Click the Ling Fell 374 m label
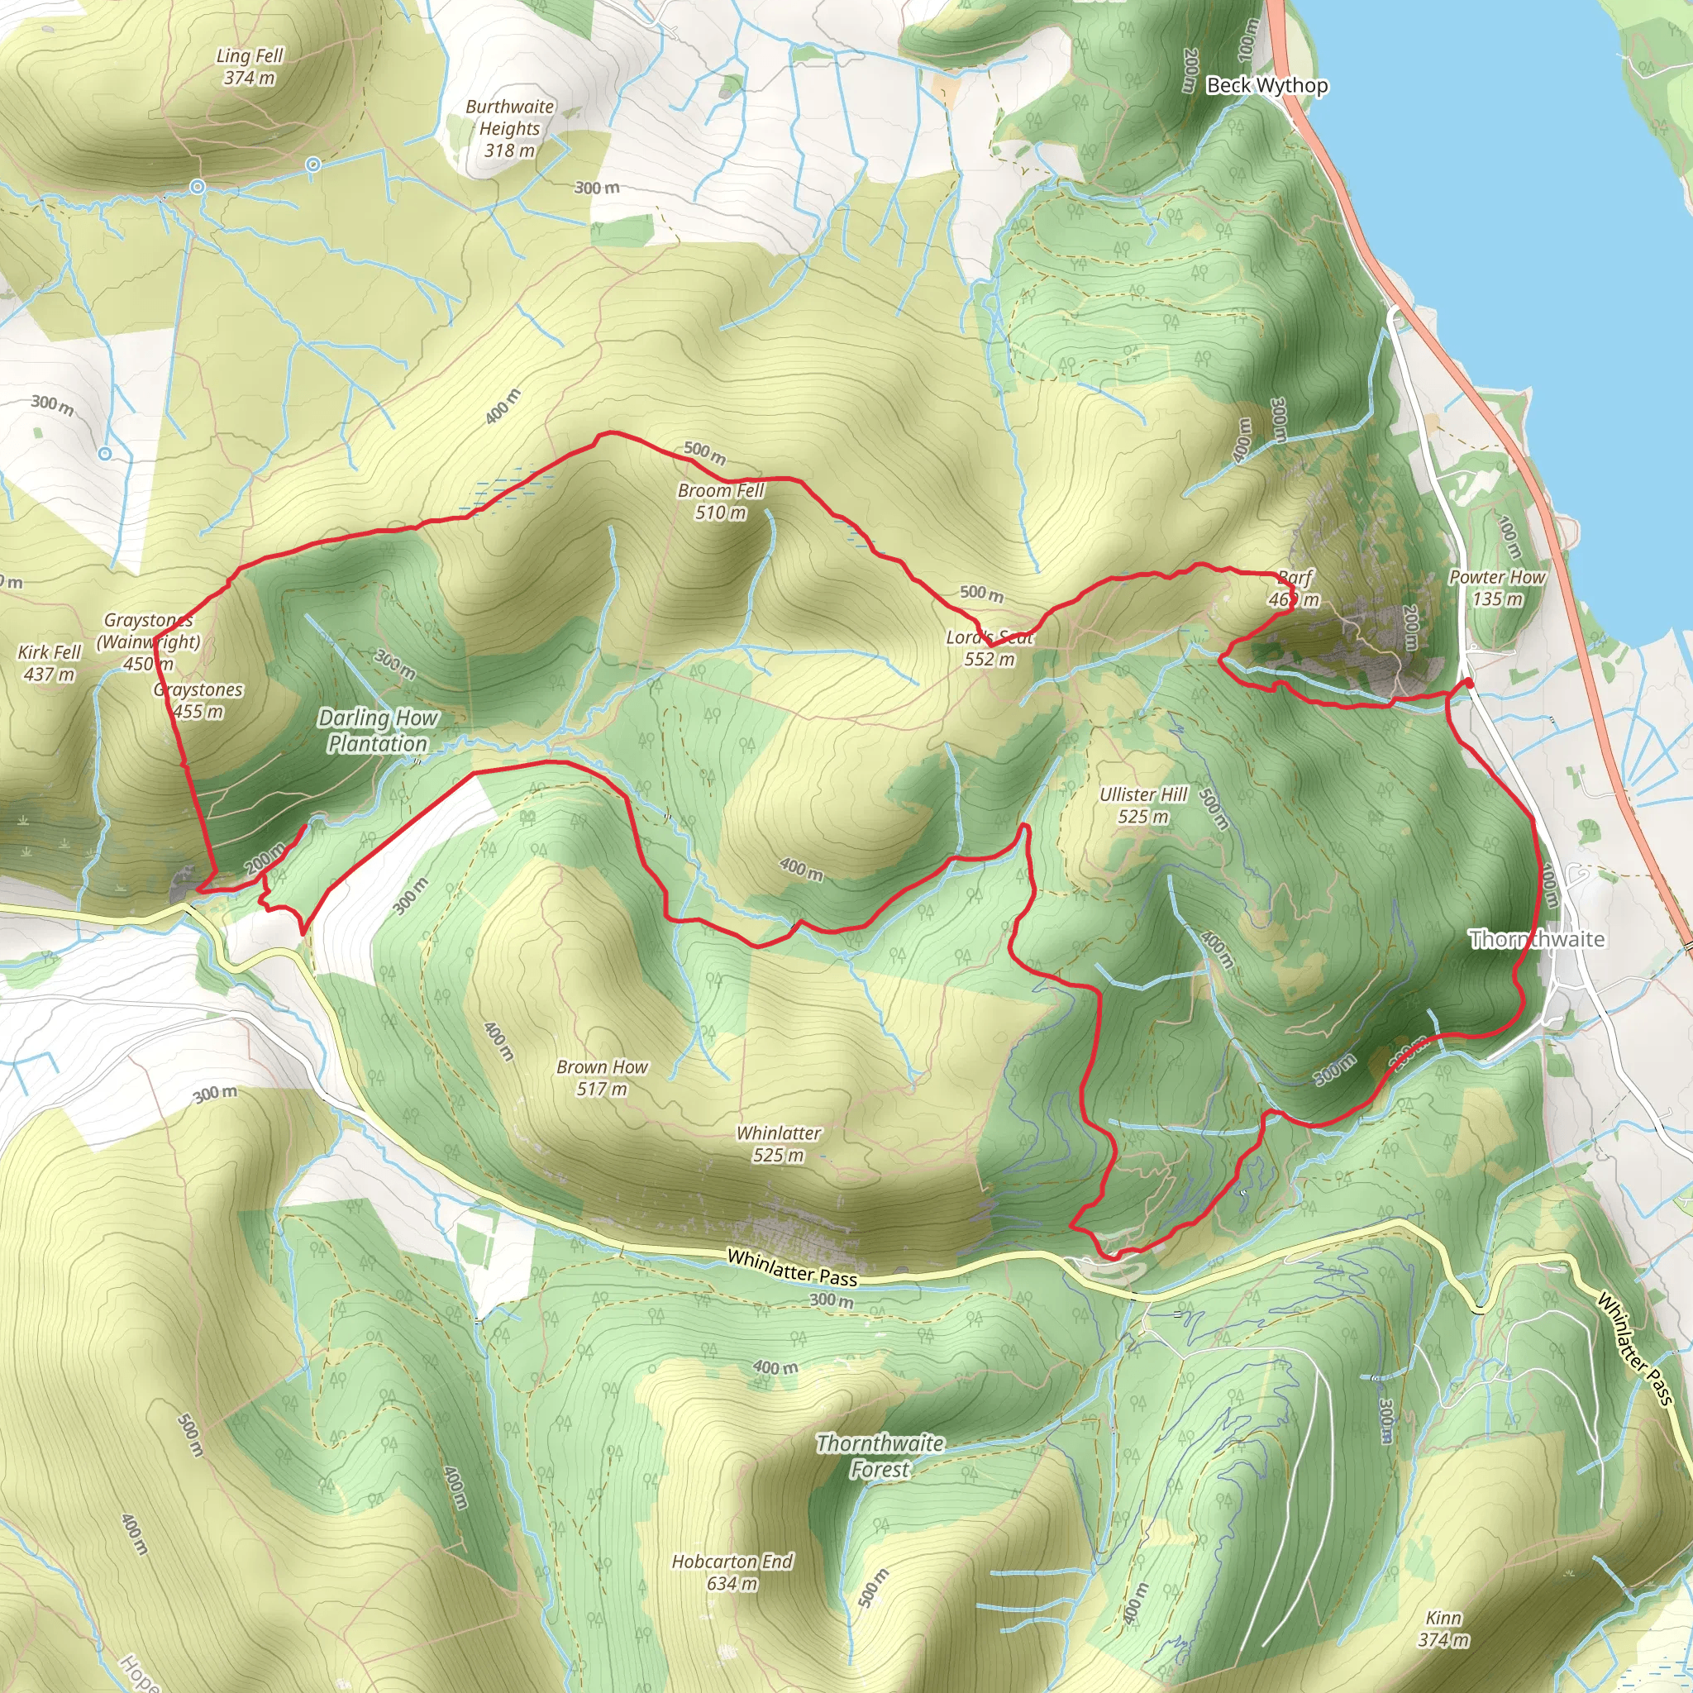pyautogui.click(x=250, y=68)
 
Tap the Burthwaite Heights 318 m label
pyautogui.click(x=510, y=129)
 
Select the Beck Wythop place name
pyautogui.click(x=1266, y=86)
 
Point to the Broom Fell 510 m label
pyautogui.click(x=720, y=502)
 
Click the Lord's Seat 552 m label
pyautogui.click(x=990, y=648)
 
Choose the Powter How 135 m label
pyautogui.click(x=1497, y=588)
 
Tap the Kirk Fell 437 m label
pyautogui.click(x=49, y=663)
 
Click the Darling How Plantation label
pyautogui.click(x=378, y=731)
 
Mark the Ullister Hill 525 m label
pyautogui.click(x=1142, y=805)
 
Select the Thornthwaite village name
pyautogui.click(x=1537, y=939)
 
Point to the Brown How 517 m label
pyautogui.click(x=602, y=1078)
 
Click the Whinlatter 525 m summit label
pyautogui.click(x=778, y=1143)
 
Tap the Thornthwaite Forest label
pyautogui.click(x=880, y=1456)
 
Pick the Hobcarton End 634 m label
pyautogui.click(x=732, y=1572)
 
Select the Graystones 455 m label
pyautogui.click(x=198, y=700)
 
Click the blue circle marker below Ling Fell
pyautogui.click(x=198, y=187)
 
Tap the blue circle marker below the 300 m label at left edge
pyautogui.click(x=104, y=454)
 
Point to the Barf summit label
pyautogui.click(x=1295, y=589)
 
